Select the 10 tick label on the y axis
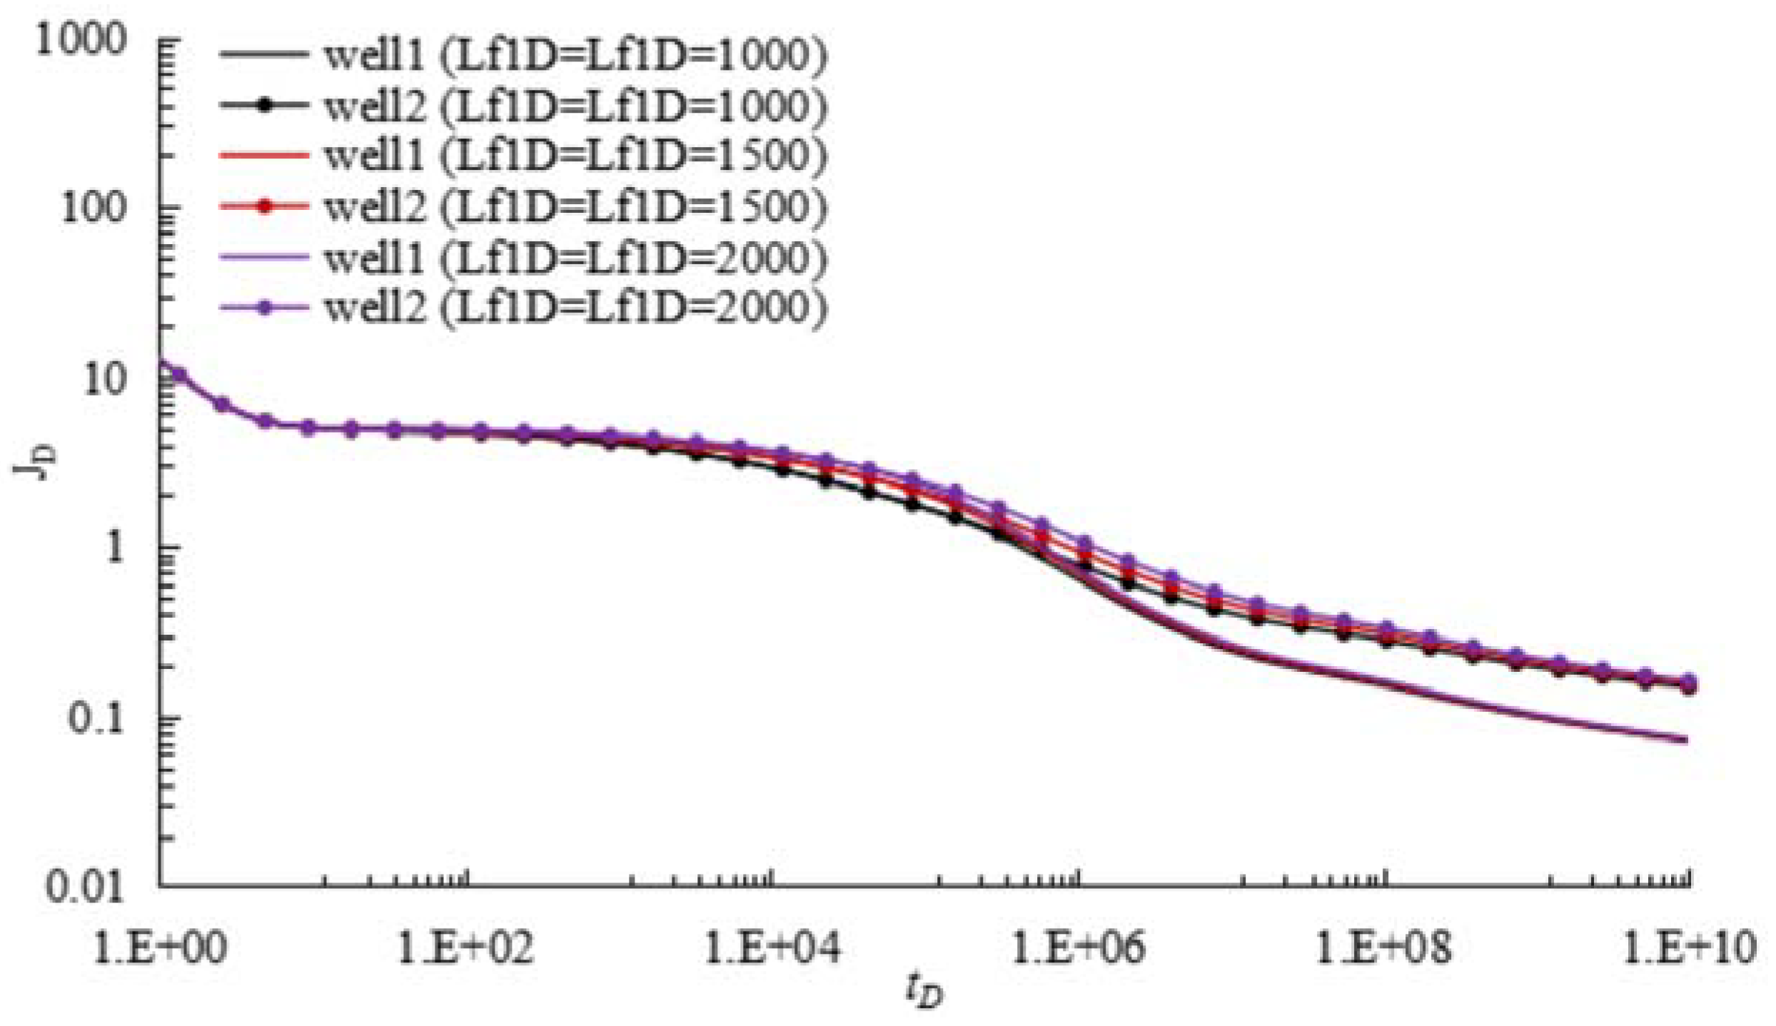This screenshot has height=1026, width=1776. click(x=105, y=380)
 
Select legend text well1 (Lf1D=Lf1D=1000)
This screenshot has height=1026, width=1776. click(x=575, y=56)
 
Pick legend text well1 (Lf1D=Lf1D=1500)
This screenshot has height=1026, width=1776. click(x=575, y=156)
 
